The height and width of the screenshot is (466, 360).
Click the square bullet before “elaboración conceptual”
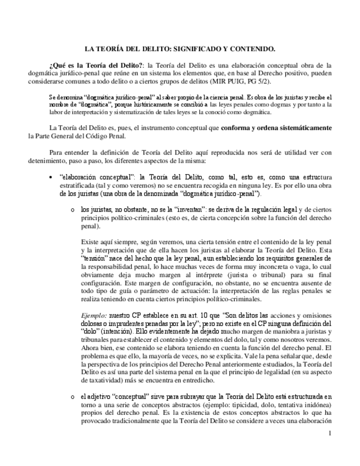(x=51, y=177)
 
